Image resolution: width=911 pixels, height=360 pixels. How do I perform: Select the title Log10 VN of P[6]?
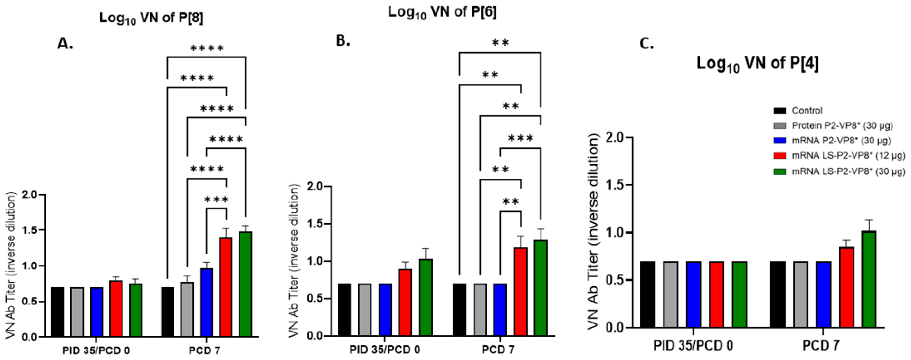click(442, 12)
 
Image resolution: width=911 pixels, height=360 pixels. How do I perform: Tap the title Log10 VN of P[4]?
click(758, 64)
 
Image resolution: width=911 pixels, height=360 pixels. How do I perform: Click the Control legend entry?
click(807, 111)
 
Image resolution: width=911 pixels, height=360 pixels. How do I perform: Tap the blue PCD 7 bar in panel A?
click(207, 302)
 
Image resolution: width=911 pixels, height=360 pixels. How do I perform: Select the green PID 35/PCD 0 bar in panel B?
click(426, 297)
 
